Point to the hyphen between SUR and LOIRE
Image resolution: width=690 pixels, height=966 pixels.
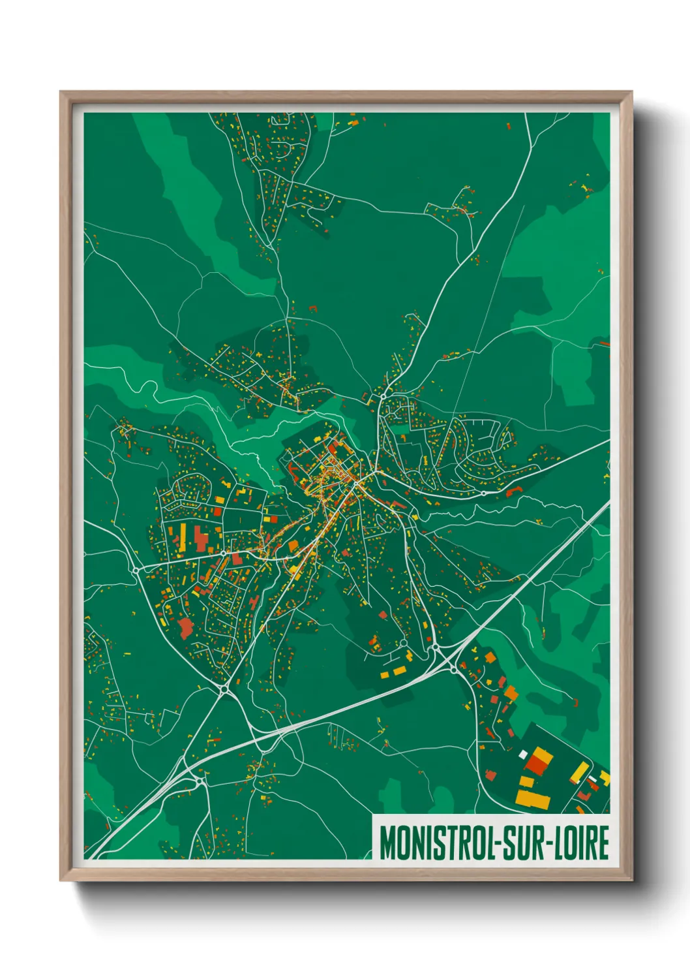pos(553,843)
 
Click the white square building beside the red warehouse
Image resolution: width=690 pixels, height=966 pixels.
pos(522,755)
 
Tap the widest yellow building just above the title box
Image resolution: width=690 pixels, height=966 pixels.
pos(533,798)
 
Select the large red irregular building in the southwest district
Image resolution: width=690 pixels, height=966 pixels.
pos(186,628)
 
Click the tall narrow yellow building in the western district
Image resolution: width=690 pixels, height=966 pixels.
pos(183,533)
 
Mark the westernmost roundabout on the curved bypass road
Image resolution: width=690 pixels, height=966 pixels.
pos(136,570)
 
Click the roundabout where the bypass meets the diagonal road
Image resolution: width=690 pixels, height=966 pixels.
pos(224,689)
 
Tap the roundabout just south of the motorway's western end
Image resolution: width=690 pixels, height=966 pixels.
pos(199,779)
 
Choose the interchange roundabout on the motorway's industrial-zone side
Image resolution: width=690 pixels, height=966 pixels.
pos(454,669)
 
